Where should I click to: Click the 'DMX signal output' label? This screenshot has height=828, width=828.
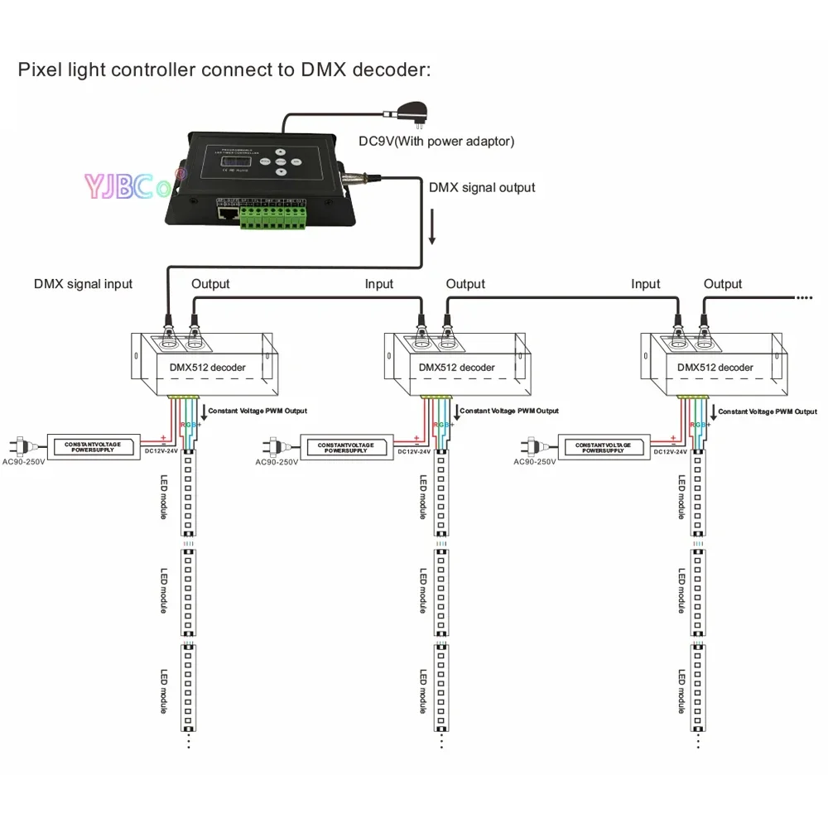(x=482, y=187)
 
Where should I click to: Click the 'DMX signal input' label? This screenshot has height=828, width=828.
(x=83, y=283)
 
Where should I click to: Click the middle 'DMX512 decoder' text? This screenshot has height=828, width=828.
(x=456, y=367)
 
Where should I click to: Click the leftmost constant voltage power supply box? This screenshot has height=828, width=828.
(x=93, y=447)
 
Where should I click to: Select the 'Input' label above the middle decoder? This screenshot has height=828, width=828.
(x=379, y=284)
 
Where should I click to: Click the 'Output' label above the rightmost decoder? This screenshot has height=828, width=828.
(x=723, y=284)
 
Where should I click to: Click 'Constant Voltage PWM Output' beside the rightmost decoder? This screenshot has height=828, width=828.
(x=767, y=411)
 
